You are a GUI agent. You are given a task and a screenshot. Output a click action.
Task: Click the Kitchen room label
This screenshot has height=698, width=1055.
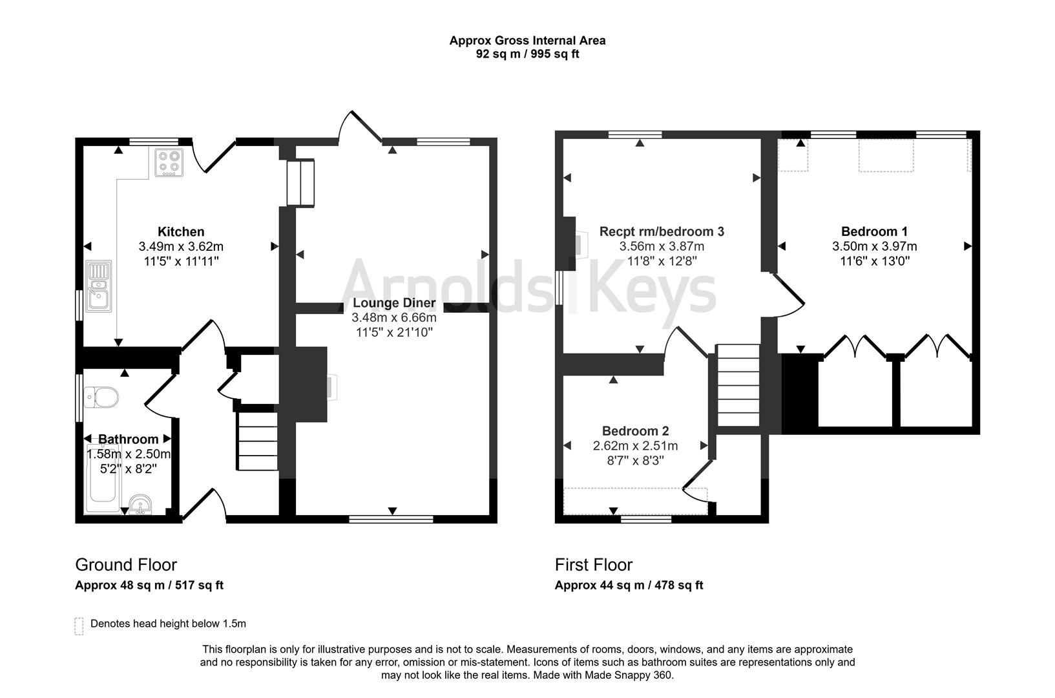[x=181, y=231]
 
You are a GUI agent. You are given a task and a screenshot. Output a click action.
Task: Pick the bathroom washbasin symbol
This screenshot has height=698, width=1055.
[x=140, y=503]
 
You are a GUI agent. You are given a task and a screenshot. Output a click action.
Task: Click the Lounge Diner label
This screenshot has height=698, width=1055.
[x=394, y=303]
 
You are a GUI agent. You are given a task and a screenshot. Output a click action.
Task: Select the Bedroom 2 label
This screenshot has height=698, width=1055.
[x=635, y=431]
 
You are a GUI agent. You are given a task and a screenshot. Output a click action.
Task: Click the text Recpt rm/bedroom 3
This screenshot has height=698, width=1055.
[x=662, y=231]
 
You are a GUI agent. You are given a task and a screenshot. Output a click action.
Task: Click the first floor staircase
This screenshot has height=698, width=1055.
[x=738, y=385]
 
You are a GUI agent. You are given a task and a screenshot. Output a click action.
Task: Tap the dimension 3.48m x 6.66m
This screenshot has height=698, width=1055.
[x=394, y=318]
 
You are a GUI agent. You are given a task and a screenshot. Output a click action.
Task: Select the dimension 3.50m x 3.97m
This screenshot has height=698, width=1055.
[x=874, y=246]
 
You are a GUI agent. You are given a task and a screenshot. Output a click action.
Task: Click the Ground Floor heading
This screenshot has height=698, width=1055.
[x=126, y=564]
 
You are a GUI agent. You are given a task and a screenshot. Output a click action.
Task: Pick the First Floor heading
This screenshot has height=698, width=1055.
[x=593, y=564]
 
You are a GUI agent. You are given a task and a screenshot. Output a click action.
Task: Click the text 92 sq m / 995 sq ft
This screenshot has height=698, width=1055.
[x=527, y=54]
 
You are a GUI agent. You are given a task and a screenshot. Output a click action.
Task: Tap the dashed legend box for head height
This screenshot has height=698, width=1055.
[x=79, y=626]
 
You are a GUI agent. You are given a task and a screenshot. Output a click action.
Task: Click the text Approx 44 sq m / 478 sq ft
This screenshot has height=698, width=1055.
[x=629, y=586]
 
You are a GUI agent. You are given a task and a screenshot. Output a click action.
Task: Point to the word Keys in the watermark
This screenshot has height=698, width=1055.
[x=653, y=287]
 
